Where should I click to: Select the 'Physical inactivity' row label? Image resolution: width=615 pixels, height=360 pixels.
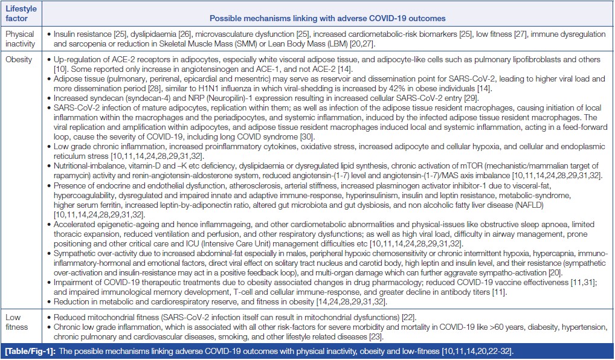pyautogui.click(x=21, y=39)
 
